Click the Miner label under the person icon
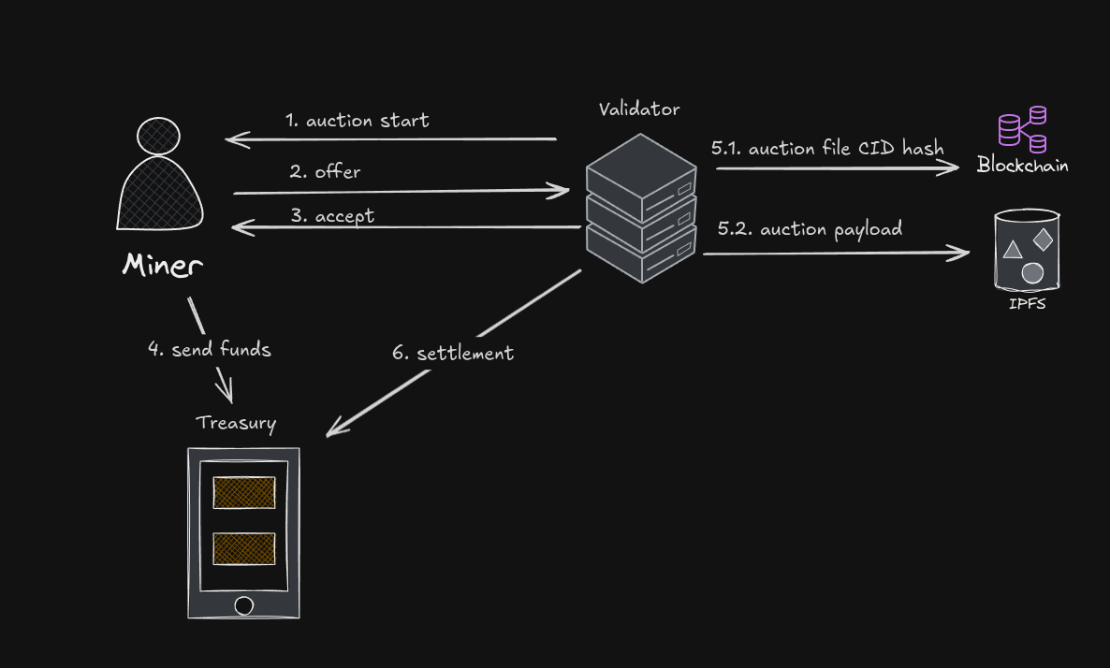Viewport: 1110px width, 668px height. coord(162,265)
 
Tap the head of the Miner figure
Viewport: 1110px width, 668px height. coord(158,136)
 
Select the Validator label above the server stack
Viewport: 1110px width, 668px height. coord(639,109)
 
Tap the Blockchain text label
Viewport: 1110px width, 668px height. coord(1022,166)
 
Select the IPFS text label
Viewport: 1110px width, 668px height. coord(1027,303)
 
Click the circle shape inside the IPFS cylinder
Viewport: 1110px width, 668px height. coord(1032,273)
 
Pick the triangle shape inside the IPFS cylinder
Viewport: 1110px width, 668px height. coord(1012,250)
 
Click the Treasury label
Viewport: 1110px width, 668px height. coord(236,423)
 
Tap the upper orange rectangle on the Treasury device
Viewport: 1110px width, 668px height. coord(244,492)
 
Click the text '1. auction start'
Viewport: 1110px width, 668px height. coord(358,121)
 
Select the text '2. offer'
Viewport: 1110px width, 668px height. coord(325,171)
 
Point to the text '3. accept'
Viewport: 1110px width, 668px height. coord(332,216)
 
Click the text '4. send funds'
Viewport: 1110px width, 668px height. coord(210,350)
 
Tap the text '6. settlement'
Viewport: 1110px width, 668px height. coord(453,354)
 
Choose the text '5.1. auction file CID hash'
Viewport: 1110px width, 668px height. coord(827,148)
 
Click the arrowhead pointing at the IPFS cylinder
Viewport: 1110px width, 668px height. coord(960,253)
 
